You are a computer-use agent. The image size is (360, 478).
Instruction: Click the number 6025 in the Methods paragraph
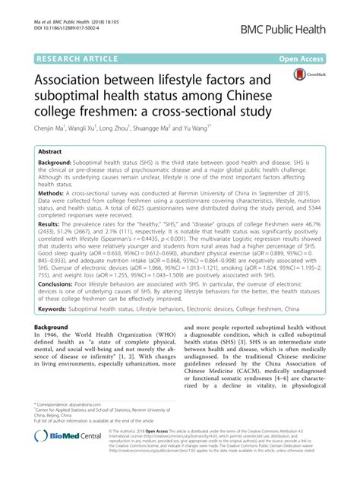pos(99,208)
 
